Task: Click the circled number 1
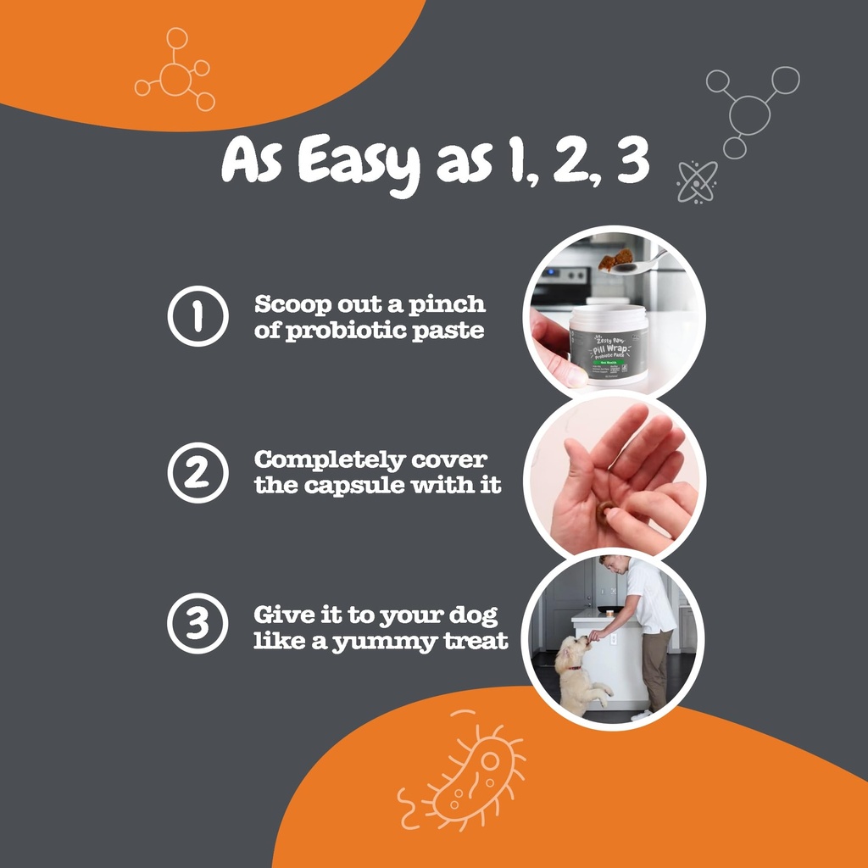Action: tap(197, 316)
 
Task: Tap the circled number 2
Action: tap(197, 473)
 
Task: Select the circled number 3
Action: tap(197, 624)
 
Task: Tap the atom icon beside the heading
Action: tap(697, 181)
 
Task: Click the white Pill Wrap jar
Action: tap(608, 344)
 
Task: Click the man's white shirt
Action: tap(650, 598)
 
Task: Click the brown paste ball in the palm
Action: tap(604, 512)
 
